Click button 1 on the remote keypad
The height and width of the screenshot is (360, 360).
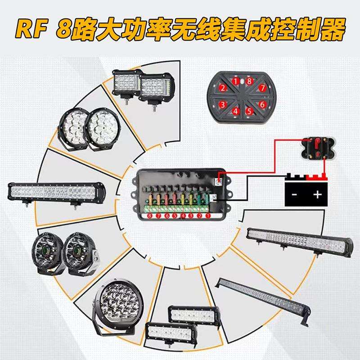coord(235,81)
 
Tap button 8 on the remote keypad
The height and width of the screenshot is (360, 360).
coord(249,81)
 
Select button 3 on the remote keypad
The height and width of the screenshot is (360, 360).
coord(222,105)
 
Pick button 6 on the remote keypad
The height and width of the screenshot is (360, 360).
coord(262,104)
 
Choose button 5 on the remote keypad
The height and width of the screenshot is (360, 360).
coord(249,111)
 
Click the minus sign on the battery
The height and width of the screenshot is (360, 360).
coord(294,195)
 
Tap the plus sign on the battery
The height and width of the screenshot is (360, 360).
coord(317,194)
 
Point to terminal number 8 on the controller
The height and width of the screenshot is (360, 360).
coord(150,216)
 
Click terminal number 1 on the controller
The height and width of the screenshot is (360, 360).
coord(208,216)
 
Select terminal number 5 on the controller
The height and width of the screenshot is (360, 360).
coord(175,216)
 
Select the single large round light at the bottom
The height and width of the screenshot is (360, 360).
coord(117,306)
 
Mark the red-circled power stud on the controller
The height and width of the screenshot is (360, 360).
coord(219,181)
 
